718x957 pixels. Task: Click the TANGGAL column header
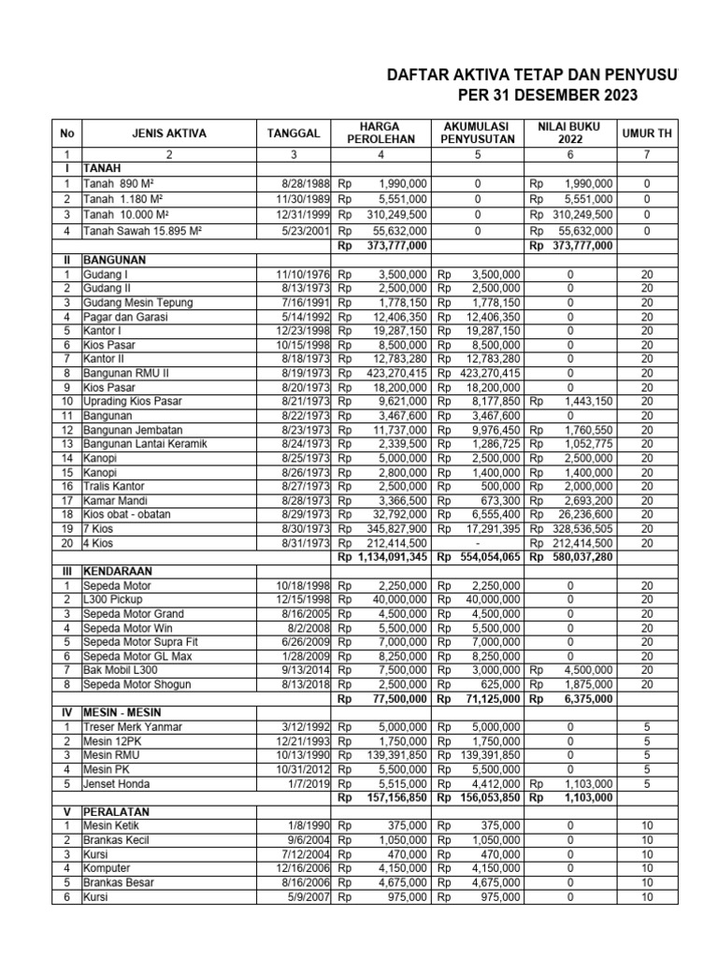tap(292, 134)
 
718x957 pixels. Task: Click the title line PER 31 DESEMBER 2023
tap(534, 95)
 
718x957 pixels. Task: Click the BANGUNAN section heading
tap(119, 260)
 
